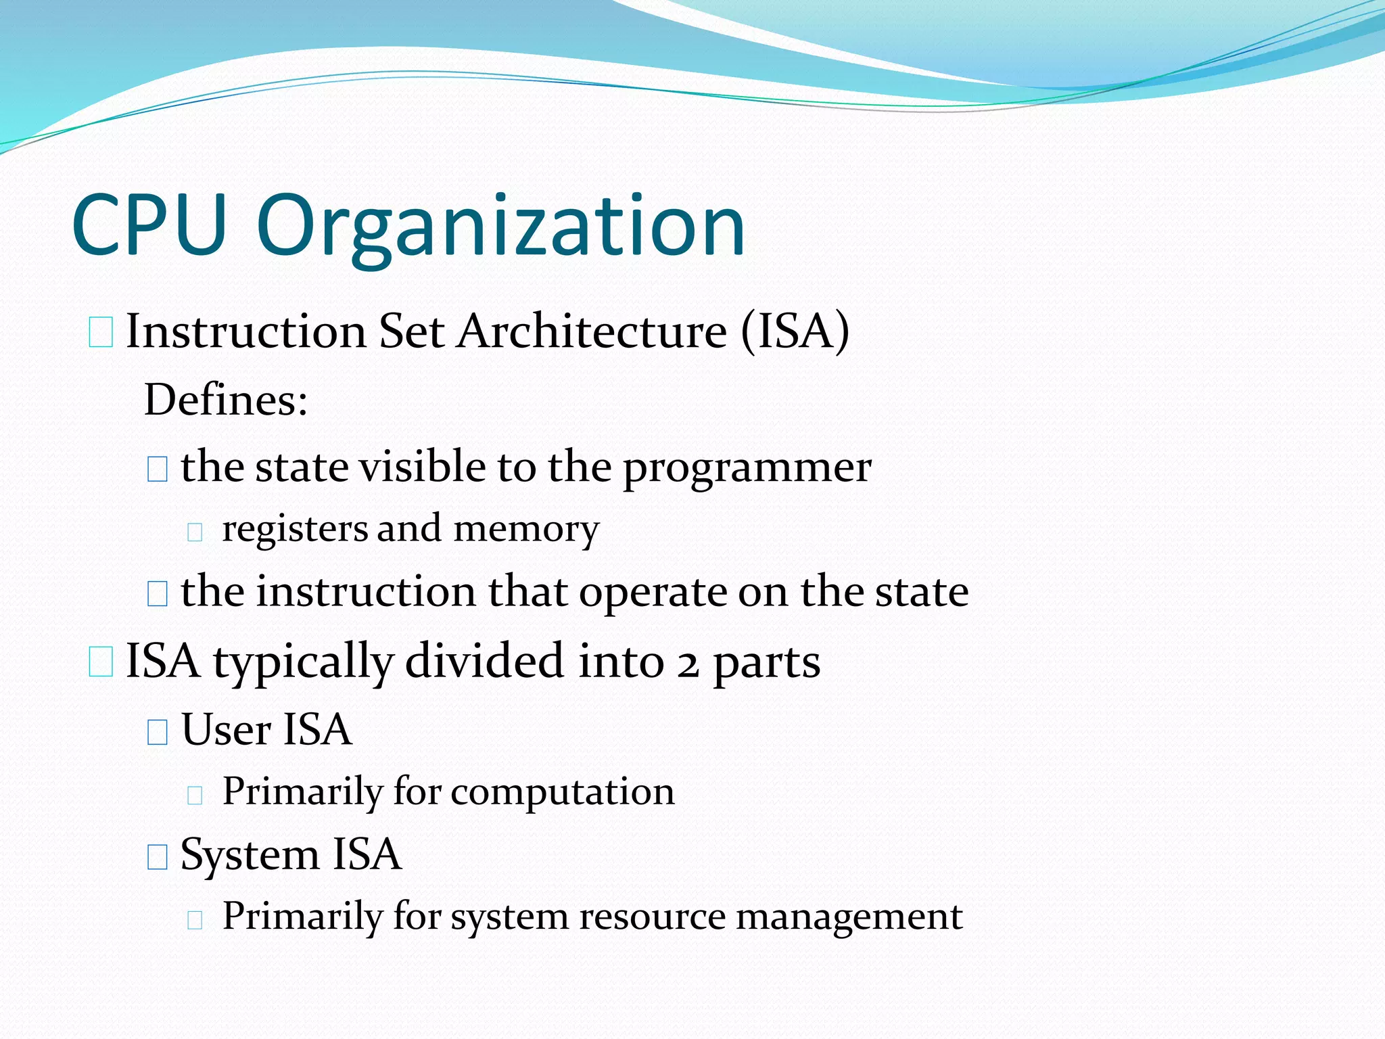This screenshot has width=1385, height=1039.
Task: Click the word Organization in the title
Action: pyautogui.click(x=501, y=227)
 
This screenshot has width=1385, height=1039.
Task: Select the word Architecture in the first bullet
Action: pyautogui.click(x=592, y=331)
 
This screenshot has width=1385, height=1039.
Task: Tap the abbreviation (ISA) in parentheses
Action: pyautogui.click(x=795, y=331)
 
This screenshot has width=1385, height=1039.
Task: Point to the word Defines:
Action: pyautogui.click(x=227, y=400)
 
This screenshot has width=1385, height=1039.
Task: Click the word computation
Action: pyautogui.click(x=563, y=792)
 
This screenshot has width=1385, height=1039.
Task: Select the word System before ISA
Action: pyautogui.click(x=250, y=855)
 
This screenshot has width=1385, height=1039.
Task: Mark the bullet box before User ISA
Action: pyautogui.click(x=157, y=731)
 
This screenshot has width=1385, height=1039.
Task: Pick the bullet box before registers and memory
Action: pyautogui.click(x=195, y=532)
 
